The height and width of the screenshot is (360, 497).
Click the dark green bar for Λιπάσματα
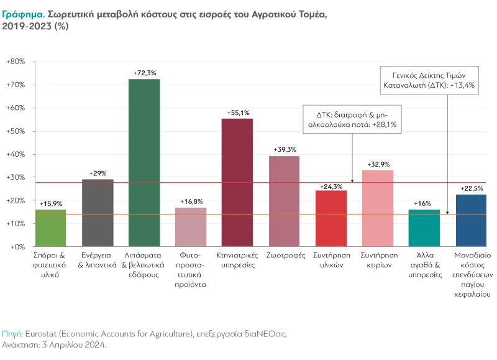(x=144, y=163)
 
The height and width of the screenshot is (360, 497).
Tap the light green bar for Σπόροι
(x=50, y=228)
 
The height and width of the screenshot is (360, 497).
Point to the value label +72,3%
(x=144, y=73)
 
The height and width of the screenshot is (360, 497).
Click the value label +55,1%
(x=237, y=113)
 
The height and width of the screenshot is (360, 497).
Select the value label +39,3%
(x=285, y=150)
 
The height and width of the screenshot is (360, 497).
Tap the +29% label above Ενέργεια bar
(x=98, y=173)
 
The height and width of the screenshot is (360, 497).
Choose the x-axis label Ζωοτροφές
(x=284, y=256)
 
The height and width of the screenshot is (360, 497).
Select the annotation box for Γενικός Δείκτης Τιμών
(x=428, y=79)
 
